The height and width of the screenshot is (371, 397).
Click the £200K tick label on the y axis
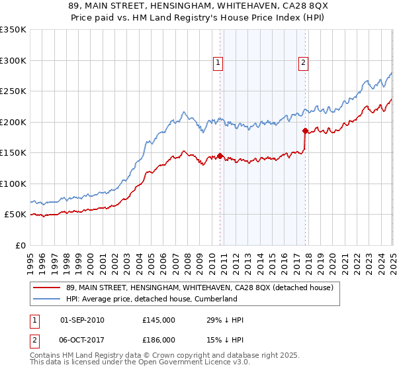coord(13,122)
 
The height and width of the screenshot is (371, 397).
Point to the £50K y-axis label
coord(15,215)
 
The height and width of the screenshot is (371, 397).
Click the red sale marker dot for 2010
coord(220,156)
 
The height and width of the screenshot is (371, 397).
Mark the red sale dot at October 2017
coord(305,131)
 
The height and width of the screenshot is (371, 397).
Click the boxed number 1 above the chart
coord(218,64)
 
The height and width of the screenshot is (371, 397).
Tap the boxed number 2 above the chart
coord(303,64)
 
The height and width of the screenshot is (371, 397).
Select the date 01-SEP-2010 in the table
coord(82,320)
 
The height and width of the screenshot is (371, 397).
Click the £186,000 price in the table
coord(159,339)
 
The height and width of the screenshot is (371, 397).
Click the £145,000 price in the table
coord(159,320)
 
